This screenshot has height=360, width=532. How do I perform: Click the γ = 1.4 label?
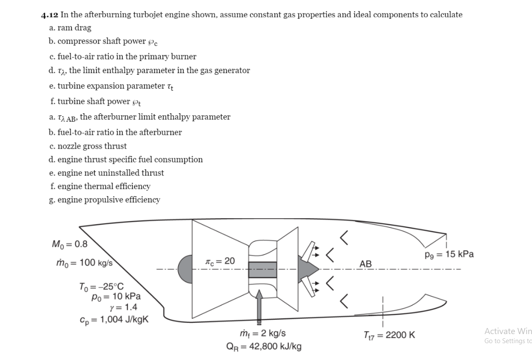[123, 308]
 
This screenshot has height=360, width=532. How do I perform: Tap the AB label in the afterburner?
[365, 264]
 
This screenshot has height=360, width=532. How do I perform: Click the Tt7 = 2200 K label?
[390, 335]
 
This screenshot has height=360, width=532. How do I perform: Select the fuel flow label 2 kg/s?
[262, 334]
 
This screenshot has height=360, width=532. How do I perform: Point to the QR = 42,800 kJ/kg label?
[264, 346]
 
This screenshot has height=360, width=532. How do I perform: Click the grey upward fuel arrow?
[259, 306]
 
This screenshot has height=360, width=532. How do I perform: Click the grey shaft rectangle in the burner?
[263, 269]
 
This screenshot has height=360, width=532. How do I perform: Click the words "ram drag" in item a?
[77, 28]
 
